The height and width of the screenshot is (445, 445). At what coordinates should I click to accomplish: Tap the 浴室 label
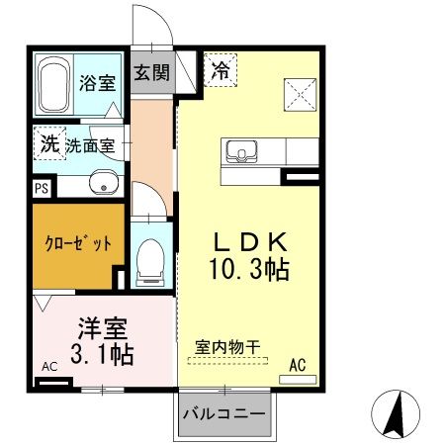point(97,80)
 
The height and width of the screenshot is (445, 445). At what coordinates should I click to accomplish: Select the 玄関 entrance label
point(152,72)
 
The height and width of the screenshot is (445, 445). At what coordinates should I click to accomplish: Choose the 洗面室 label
point(91,144)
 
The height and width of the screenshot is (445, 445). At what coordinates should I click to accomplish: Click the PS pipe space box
point(41,185)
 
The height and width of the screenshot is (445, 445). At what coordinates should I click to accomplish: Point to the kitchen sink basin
point(240,152)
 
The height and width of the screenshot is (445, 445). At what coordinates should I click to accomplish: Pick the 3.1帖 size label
point(102,351)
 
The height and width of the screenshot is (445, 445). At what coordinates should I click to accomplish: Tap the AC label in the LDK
point(298,366)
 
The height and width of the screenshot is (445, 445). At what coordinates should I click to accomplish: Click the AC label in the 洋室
point(50,367)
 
